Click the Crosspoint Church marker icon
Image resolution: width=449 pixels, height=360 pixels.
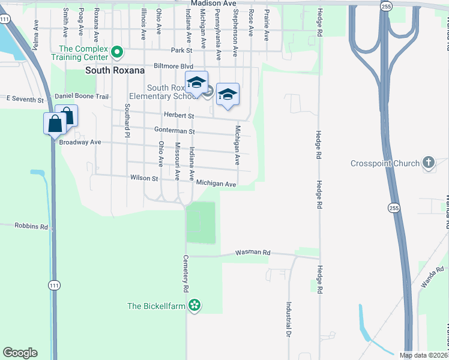(x=428, y=163)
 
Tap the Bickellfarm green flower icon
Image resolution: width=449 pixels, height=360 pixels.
(x=194, y=306)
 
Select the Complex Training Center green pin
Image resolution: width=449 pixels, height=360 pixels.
(x=118, y=52)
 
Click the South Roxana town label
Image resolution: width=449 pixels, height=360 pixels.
(x=115, y=70)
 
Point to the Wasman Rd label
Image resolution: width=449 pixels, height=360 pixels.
(x=253, y=253)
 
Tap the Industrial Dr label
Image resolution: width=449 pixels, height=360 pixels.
(x=289, y=319)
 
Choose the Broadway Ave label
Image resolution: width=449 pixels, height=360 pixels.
(x=79, y=143)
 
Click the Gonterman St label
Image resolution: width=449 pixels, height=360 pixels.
(x=175, y=131)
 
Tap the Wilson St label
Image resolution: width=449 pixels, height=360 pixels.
(x=143, y=178)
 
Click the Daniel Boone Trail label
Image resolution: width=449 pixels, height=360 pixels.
(x=81, y=96)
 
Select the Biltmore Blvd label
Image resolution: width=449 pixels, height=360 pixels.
(x=173, y=66)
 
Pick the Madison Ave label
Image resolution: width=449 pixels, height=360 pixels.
(x=213, y=4)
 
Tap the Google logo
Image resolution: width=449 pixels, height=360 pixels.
(x=20, y=353)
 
